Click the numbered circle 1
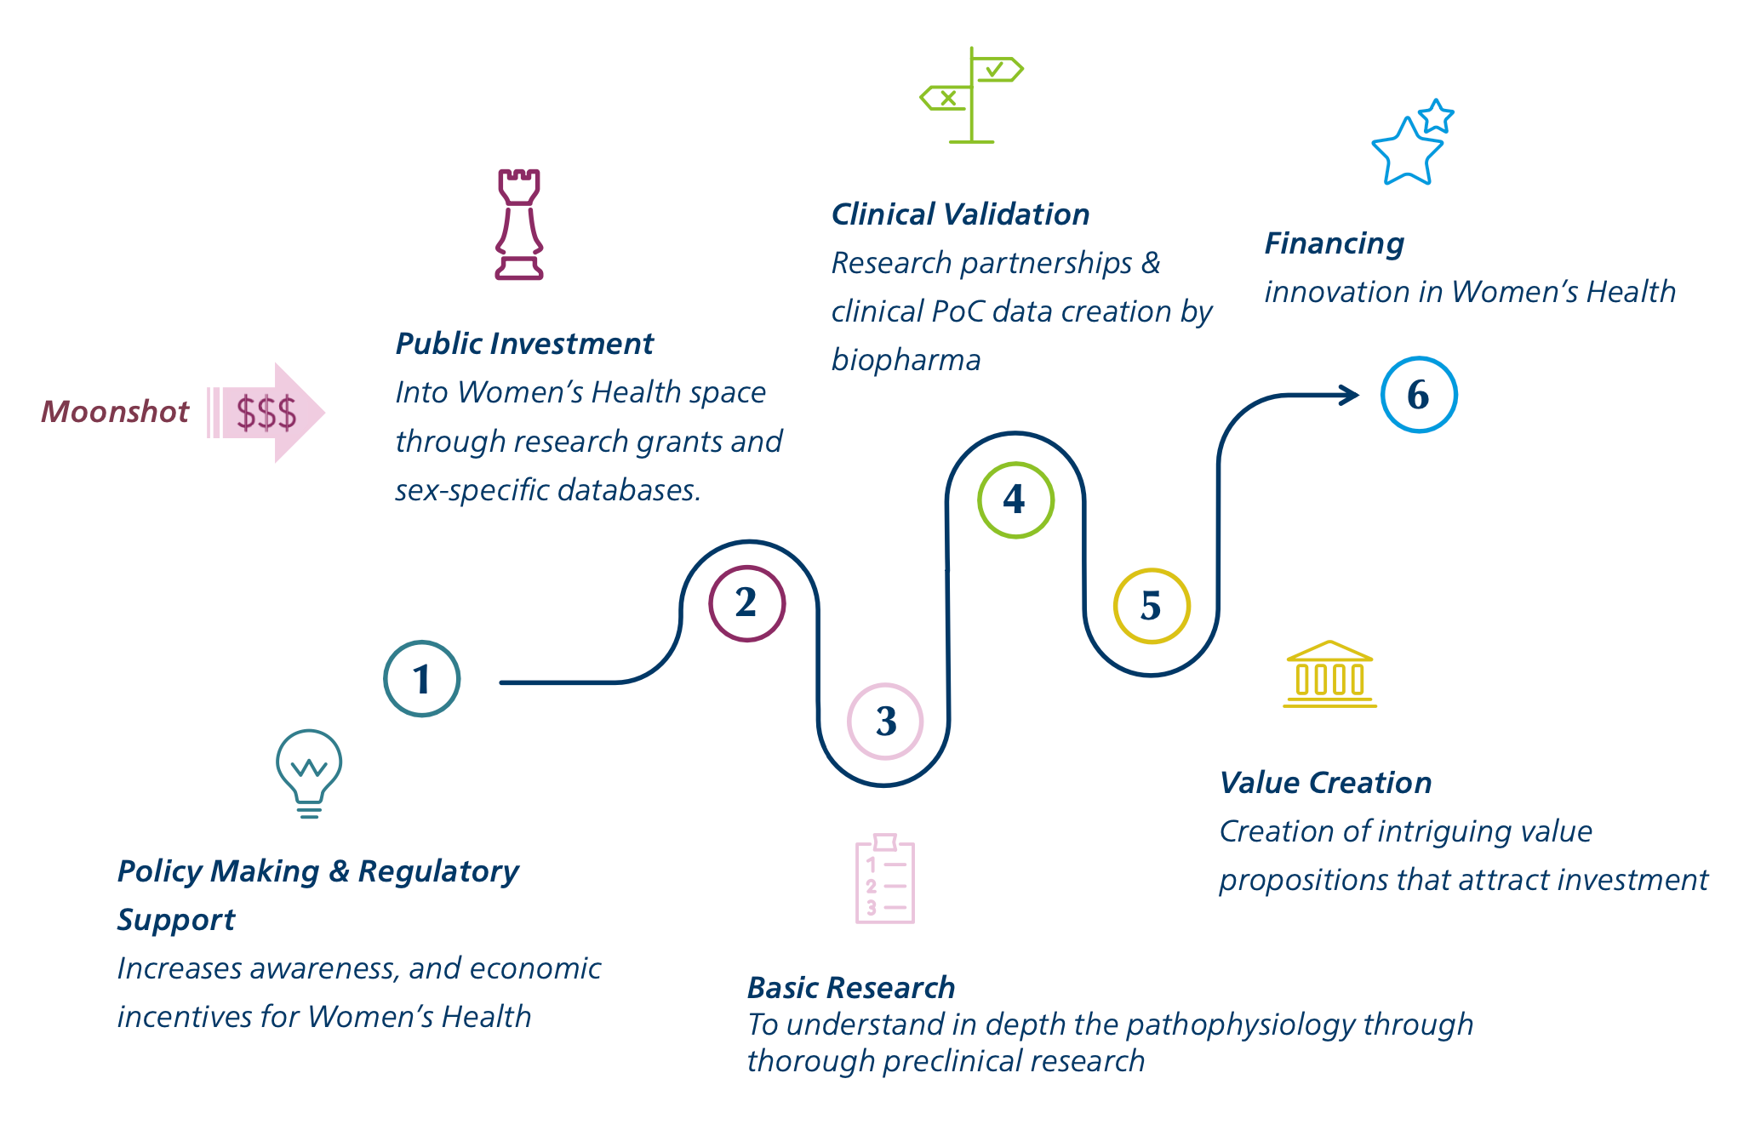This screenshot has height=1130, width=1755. click(421, 678)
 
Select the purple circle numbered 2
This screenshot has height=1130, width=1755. click(746, 603)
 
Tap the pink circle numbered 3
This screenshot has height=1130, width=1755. click(885, 722)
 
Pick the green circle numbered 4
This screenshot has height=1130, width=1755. click(1015, 499)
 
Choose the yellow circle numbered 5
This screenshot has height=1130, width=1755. click(1151, 606)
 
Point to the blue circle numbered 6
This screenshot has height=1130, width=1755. click(1418, 395)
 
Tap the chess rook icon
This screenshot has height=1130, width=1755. click(519, 225)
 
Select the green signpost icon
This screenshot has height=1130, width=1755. click(971, 95)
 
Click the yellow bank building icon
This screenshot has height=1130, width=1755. click(1329, 675)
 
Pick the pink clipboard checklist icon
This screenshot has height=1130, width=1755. click(884, 879)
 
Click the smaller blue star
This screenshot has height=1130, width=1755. click(1437, 116)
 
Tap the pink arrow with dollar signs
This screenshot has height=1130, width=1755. click(267, 413)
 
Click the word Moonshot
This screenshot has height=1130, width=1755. click(115, 412)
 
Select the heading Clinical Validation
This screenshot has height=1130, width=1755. click(960, 214)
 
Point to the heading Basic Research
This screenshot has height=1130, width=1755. click(850, 988)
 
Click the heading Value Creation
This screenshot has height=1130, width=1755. click(1325, 783)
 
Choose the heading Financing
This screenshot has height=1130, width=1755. click(1334, 244)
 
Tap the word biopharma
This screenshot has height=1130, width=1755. click(906, 361)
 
